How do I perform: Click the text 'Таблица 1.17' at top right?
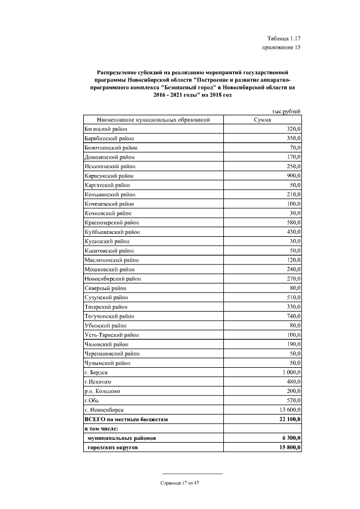coord(283,38)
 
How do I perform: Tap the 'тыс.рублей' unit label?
coord(286,112)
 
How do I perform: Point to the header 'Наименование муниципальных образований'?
coord(154,120)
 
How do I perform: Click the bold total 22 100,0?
coord(288,419)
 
